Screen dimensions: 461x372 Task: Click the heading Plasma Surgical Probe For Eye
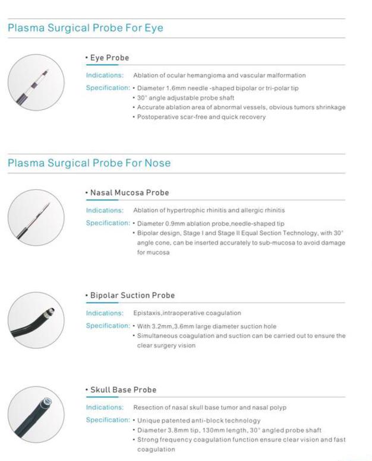click(85, 28)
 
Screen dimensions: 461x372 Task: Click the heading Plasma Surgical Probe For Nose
click(89, 163)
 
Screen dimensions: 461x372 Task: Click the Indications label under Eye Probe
click(105, 75)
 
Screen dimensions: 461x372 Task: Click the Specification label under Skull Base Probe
click(108, 420)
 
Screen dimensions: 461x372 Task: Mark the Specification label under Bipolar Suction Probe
click(108, 326)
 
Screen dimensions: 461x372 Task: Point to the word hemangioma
click(205, 75)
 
